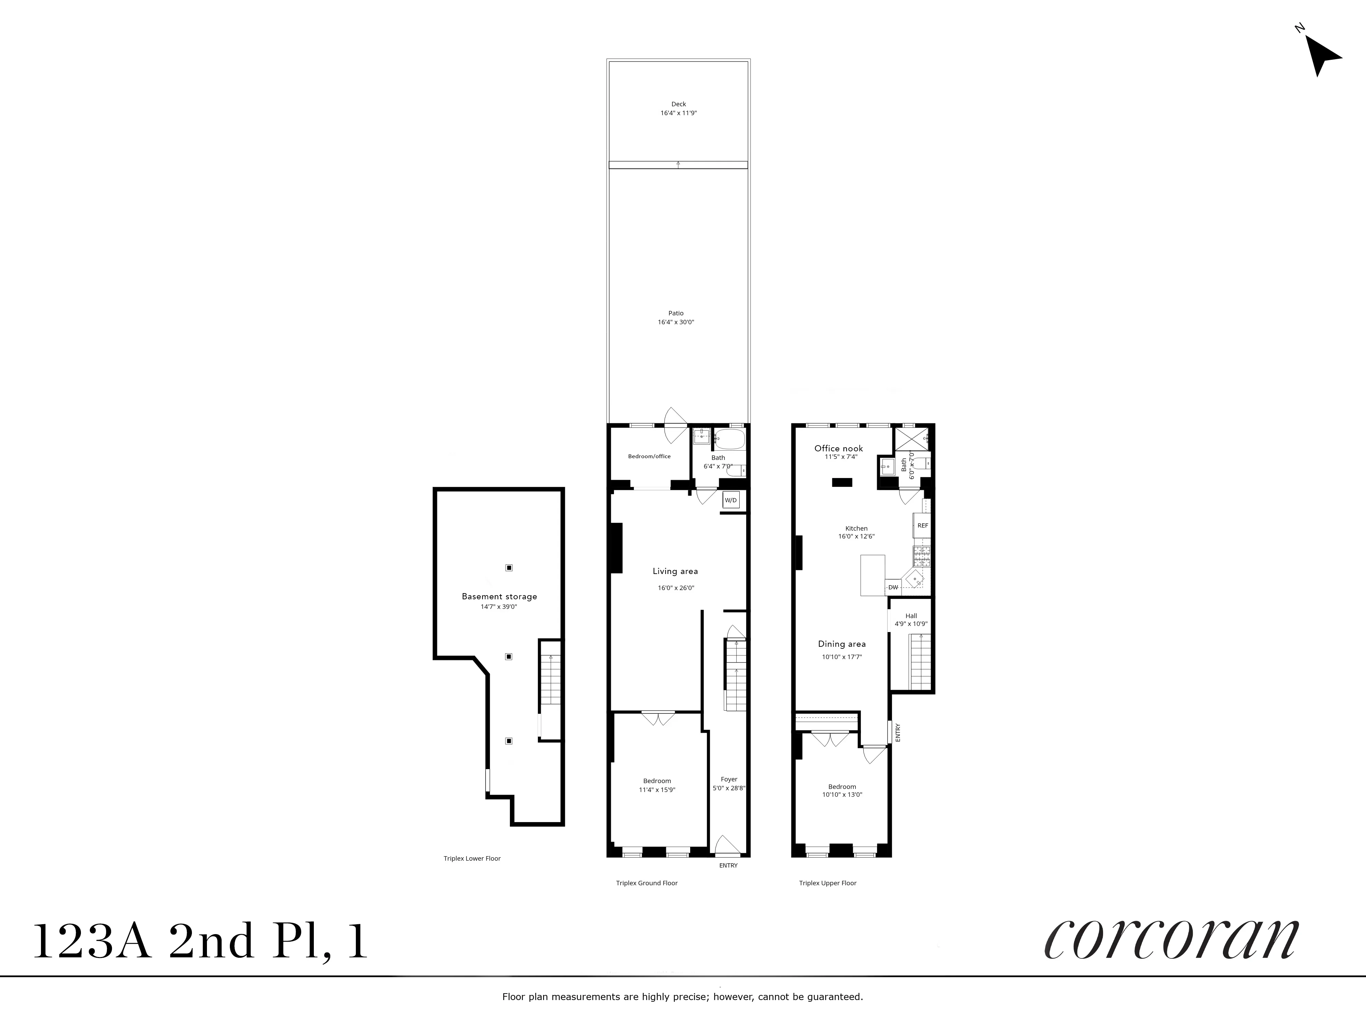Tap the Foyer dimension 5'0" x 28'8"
coord(729,788)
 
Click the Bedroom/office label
coord(649,456)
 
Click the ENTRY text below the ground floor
coord(728,865)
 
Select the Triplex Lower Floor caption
coord(472,858)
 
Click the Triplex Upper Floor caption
coord(827,883)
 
